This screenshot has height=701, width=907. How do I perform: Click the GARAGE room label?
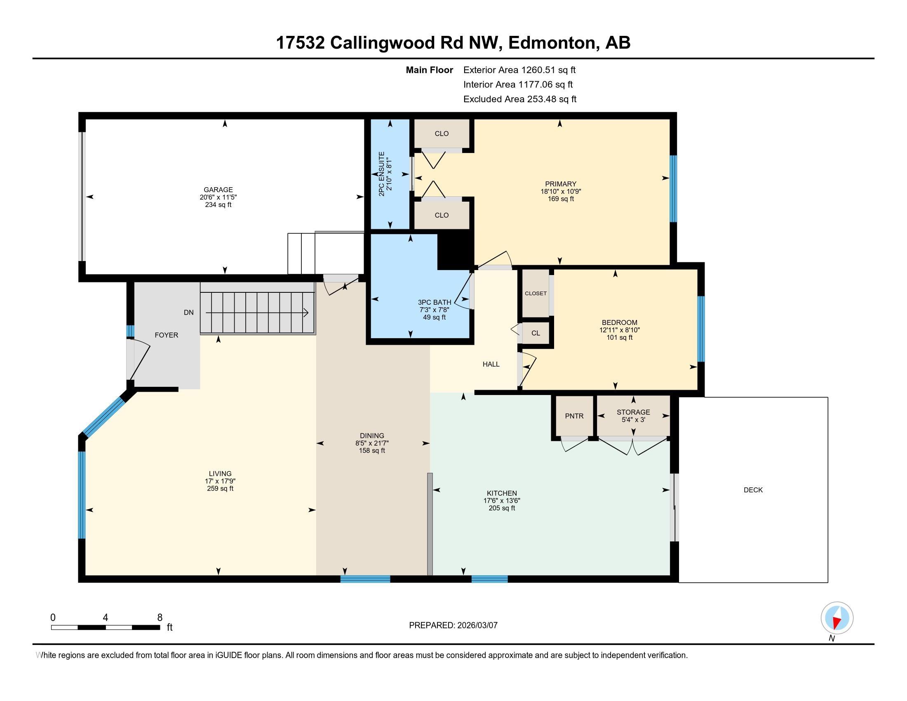click(218, 190)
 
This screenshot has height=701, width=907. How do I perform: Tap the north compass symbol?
click(837, 618)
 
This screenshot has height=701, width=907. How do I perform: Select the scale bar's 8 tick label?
click(160, 618)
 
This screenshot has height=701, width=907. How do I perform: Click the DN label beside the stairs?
click(188, 312)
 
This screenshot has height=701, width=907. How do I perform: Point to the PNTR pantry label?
click(574, 416)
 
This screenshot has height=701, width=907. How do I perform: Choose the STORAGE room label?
click(633, 412)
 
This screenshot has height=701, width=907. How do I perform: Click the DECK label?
click(753, 490)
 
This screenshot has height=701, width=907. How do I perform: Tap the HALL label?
click(491, 364)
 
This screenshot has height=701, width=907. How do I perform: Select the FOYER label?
click(166, 335)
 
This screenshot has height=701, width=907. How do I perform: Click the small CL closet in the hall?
click(536, 333)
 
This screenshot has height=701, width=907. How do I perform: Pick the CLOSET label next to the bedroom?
click(536, 293)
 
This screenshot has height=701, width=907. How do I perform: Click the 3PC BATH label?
click(435, 302)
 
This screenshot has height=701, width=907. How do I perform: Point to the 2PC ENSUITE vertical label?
click(382, 174)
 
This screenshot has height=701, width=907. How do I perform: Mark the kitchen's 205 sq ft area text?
click(502, 508)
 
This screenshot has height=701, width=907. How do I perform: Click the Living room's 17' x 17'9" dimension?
click(220, 481)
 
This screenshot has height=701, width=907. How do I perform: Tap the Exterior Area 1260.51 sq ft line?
click(519, 70)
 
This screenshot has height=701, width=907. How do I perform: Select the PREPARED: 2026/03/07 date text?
click(453, 625)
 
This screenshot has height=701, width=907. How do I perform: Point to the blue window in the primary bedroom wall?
click(674, 189)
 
